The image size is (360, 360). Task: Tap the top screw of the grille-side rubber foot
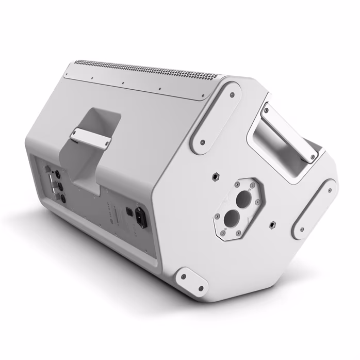(x=230, y=94)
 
